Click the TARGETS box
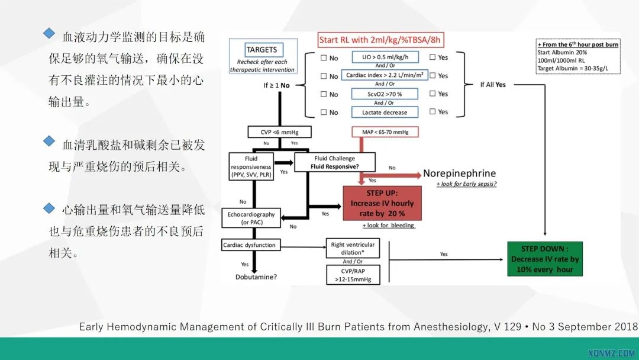[262, 50]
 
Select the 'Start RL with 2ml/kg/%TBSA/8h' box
[381, 40]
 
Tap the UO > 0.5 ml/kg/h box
[385, 57]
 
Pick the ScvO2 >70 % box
[385, 94]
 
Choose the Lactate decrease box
[385, 112]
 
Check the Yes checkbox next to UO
[433, 57]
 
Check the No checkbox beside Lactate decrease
[324, 112]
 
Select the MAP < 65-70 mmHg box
[380, 131]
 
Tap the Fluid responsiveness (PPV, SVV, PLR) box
[251, 167]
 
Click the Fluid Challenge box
[335, 162]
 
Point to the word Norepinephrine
[459, 173]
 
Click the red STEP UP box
[382, 203]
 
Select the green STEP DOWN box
[545, 259]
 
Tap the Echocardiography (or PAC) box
[251, 218]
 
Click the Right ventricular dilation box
[353, 248]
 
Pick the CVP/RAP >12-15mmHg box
[353, 275]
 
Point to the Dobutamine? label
[256, 277]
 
